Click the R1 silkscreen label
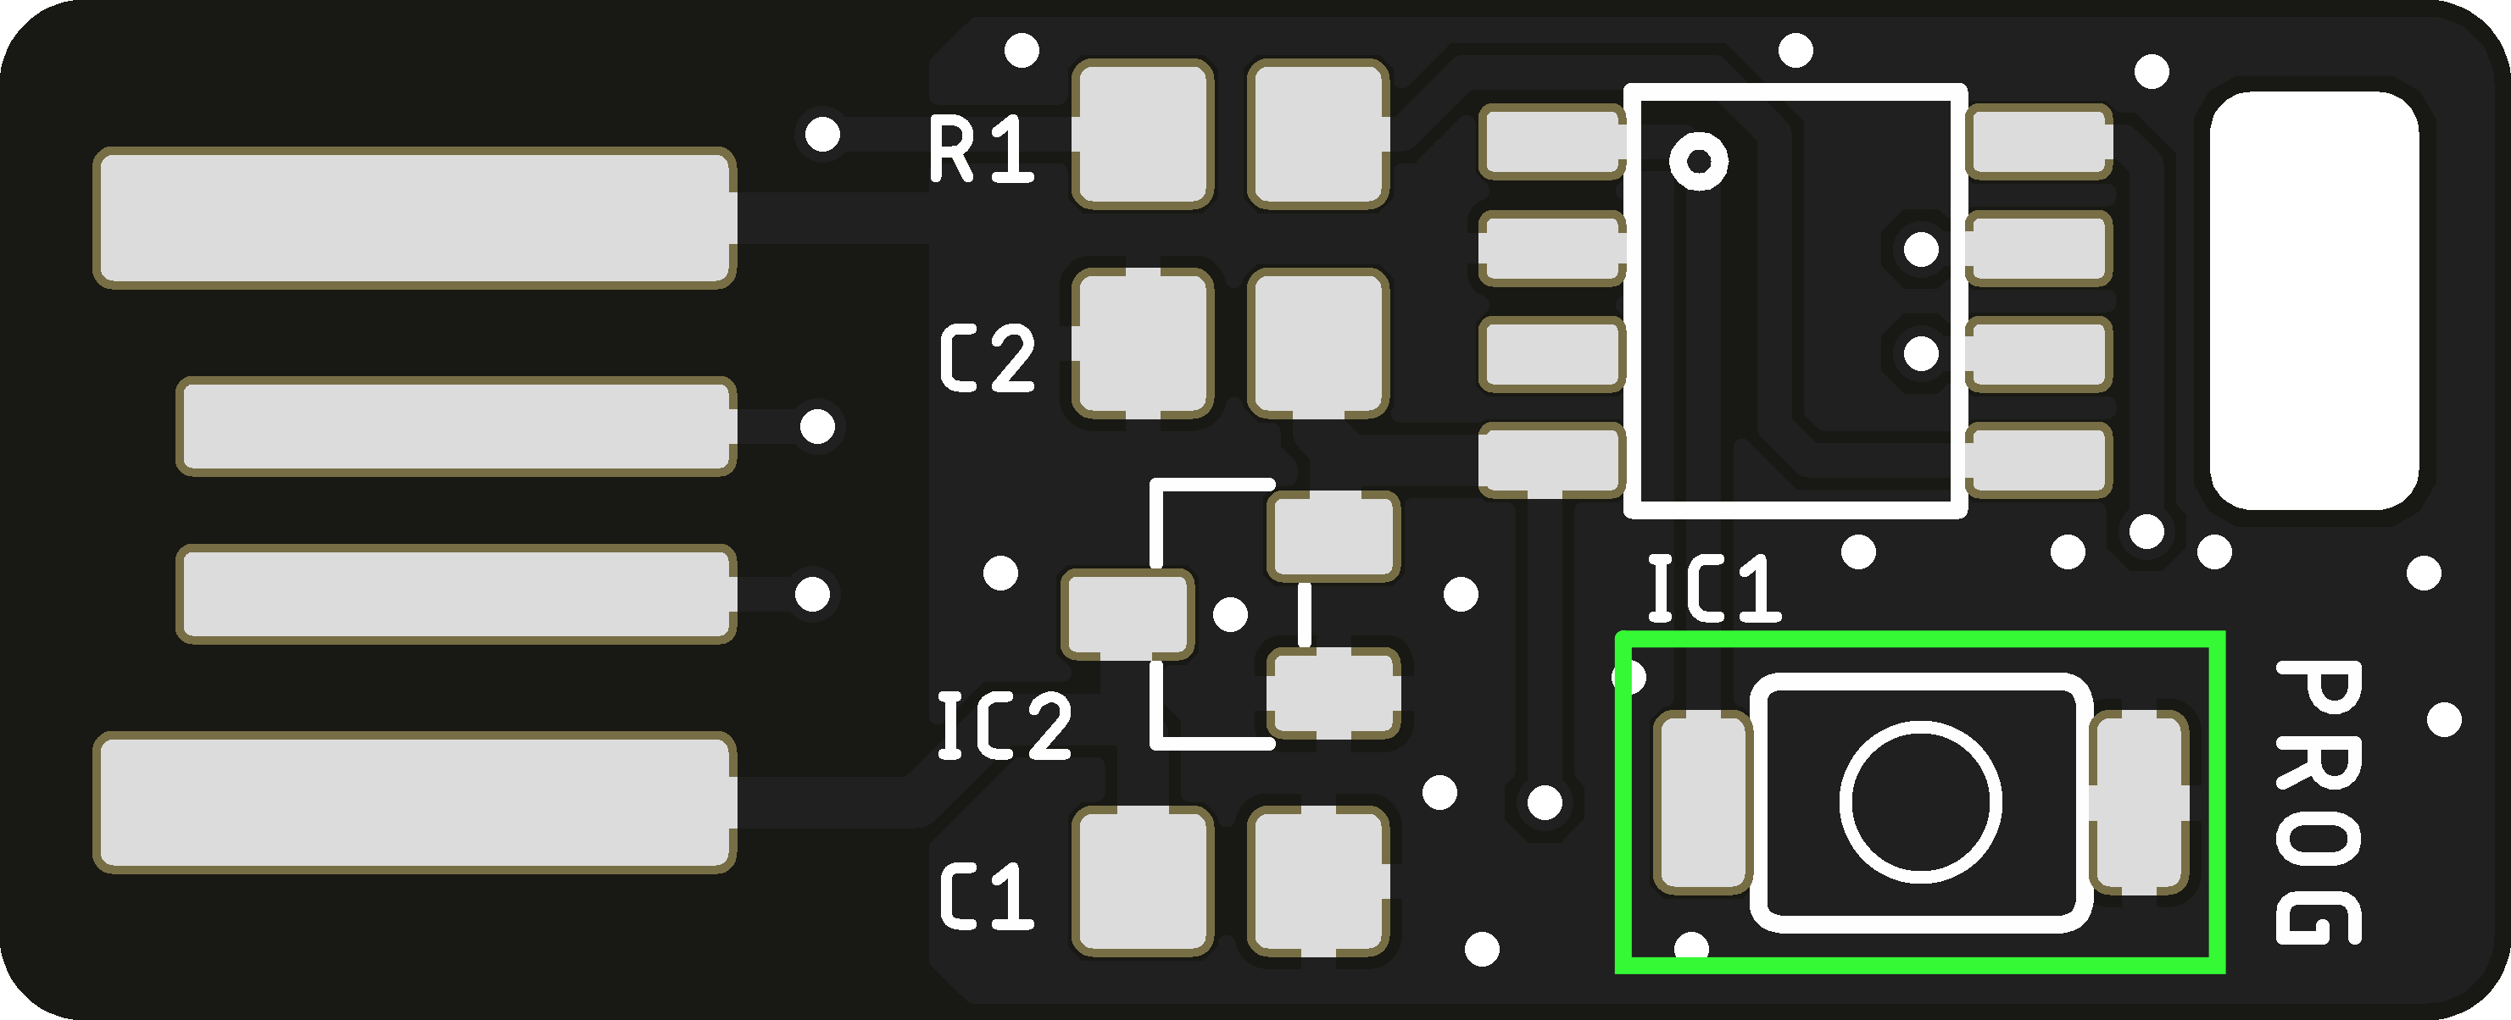click(x=981, y=149)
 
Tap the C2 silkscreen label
click(x=987, y=358)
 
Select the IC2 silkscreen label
click(x=1003, y=726)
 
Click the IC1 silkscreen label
click(x=1713, y=589)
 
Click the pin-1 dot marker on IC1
click(x=1698, y=160)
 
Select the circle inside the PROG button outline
click(x=1919, y=801)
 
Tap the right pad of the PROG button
click(x=2140, y=801)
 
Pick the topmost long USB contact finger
click(x=415, y=217)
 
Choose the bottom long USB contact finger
click(x=415, y=801)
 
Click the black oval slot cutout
click(x=2313, y=300)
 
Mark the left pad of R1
click(x=1143, y=135)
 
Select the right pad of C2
click(x=1318, y=344)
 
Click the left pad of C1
click(x=1143, y=882)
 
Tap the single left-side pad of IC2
click(x=1127, y=613)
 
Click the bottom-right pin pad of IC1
click(x=2039, y=460)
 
